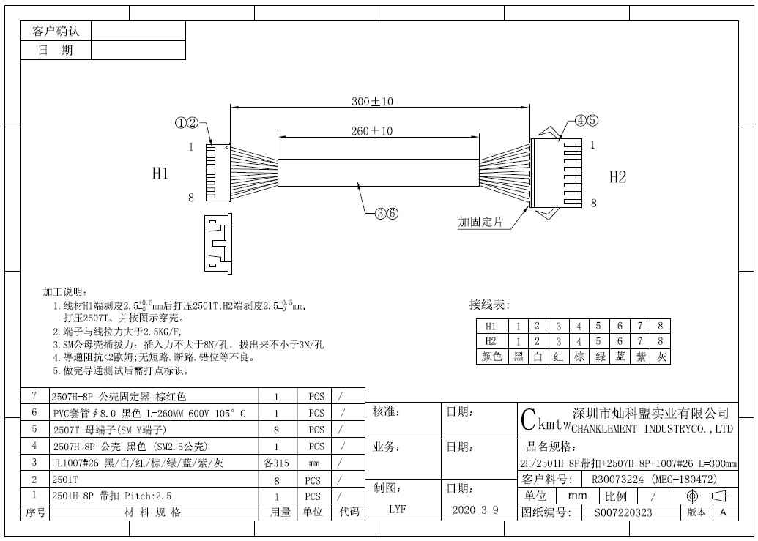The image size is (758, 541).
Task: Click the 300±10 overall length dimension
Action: (x=372, y=102)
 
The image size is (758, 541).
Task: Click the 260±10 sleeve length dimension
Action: (x=372, y=131)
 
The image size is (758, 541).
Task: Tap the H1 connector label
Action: (x=160, y=173)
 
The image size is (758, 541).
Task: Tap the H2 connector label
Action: (x=617, y=177)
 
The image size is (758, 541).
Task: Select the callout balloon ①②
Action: (x=187, y=123)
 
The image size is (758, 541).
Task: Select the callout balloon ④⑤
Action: (x=587, y=121)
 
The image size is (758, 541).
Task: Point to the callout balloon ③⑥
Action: (x=387, y=213)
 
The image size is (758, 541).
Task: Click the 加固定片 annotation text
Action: (x=480, y=223)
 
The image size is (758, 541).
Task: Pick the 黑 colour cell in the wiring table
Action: (x=519, y=357)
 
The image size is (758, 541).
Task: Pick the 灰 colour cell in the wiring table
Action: (x=661, y=357)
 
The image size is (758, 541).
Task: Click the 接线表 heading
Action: (x=489, y=305)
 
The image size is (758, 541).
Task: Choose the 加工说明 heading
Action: (x=64, y=292)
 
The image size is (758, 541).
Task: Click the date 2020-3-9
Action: (x=475, y=510)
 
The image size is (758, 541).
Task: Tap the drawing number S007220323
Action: (x=623, y=512)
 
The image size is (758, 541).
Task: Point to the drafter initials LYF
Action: (x=398, y=509)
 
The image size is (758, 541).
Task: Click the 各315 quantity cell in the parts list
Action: (x=276, y=463)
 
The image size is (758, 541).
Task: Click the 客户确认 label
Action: (x=56, y=31)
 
